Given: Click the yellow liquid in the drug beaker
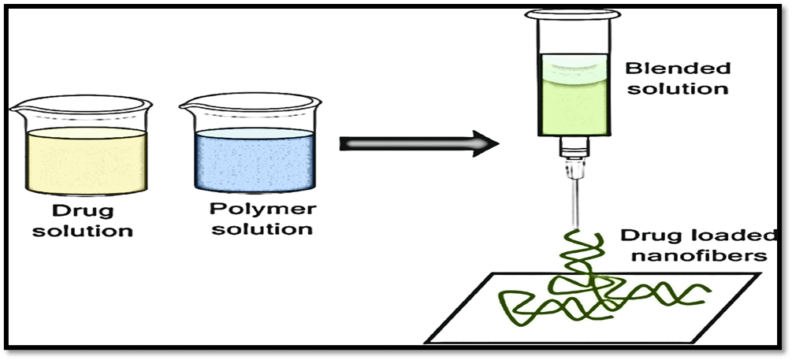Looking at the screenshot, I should (x=87, y=161).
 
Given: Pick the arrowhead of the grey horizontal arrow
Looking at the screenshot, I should (x=485, y=143).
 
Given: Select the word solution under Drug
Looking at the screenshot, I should (x=83, y=231).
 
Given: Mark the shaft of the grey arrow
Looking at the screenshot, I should (x=402, y=143).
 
